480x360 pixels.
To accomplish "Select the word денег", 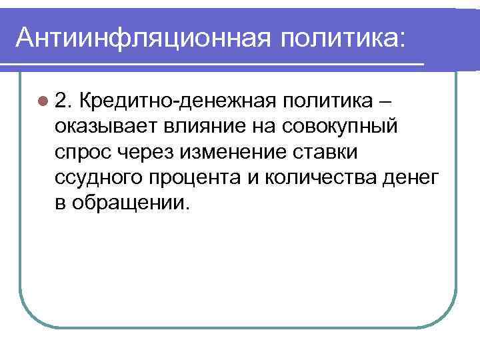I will (415, 177).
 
